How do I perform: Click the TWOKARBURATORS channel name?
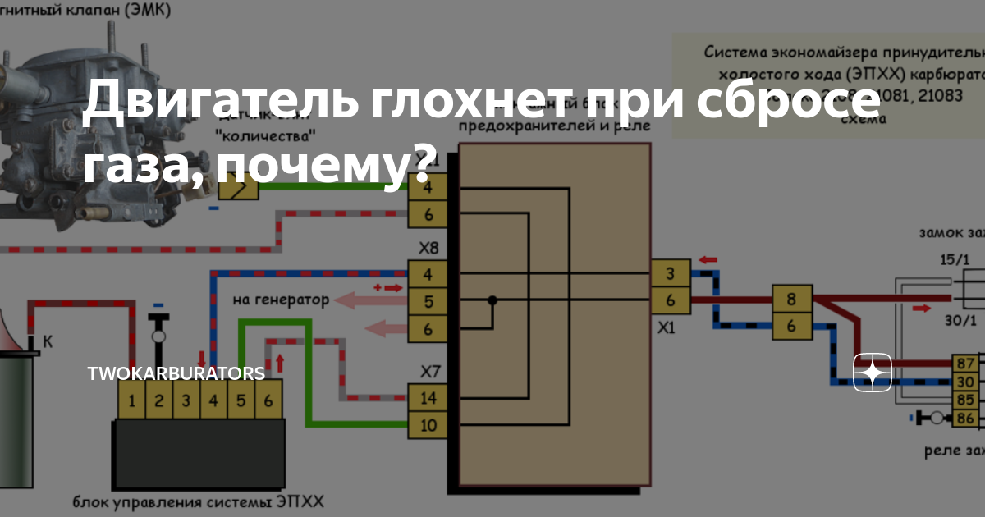(x=176, y=373)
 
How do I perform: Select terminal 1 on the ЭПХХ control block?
(x=131, y=401)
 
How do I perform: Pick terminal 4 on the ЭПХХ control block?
(x=213, y=401)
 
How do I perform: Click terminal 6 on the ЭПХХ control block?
(x=268, y=401)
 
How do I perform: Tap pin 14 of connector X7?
(x=428, y=399)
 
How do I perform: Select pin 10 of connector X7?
(x=428, y=426)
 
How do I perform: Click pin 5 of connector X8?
(x=428, y=302)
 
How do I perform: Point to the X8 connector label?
(x=428, y=248)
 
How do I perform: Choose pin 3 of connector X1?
(x=671, y=274)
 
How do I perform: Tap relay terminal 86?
(x=965, y=419)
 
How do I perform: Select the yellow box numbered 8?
(x=791, y=300)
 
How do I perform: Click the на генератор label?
(x=281, y=300)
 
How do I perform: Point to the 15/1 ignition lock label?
(x=954, y=260)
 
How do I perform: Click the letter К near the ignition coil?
(x=48, y=341)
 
